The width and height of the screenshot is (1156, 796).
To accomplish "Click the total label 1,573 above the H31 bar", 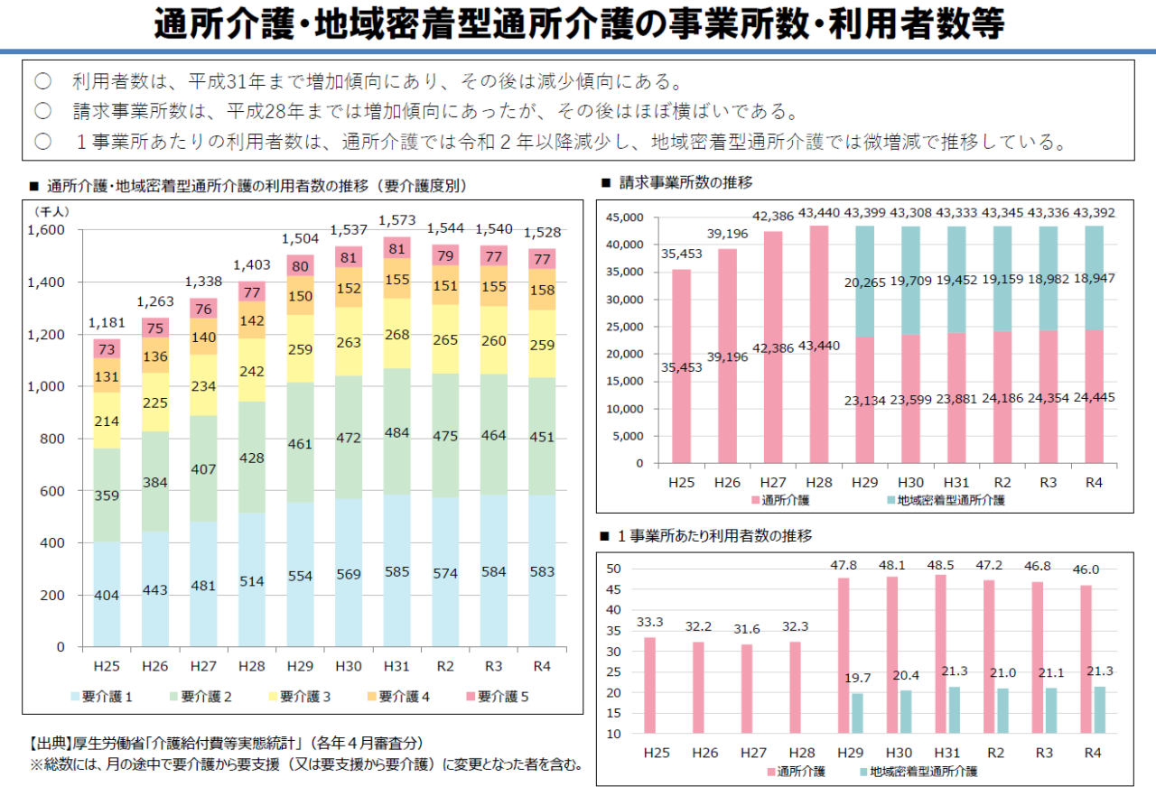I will point(397,220).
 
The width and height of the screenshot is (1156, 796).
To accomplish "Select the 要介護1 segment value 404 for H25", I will point(107,596).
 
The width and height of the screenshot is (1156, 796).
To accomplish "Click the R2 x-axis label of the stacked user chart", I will point(445,666).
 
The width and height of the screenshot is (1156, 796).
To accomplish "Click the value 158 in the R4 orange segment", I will point(542,291).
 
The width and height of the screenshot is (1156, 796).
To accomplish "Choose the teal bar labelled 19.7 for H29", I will point(858,713).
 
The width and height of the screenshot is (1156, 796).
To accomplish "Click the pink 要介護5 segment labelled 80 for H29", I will point(301,266).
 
